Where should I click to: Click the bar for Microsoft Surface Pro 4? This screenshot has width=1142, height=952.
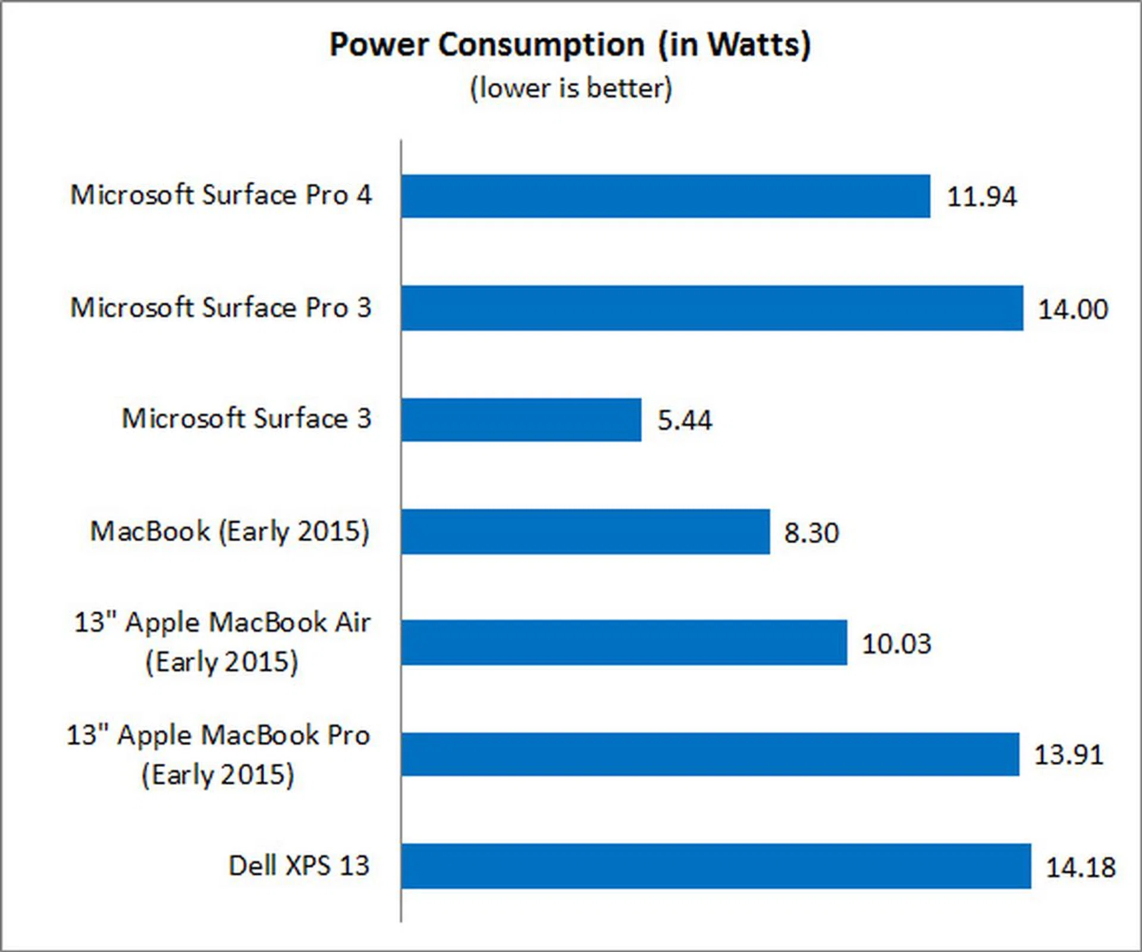click(x=665, y=196)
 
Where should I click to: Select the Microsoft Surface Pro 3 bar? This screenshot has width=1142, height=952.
click(x=712, y=308)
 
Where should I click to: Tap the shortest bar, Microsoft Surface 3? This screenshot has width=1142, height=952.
click(x=521, y=419)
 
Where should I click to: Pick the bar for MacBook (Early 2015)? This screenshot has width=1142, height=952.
click(x=585, y=531)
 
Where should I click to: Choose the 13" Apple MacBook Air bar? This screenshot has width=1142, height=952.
click(x=624, y=643)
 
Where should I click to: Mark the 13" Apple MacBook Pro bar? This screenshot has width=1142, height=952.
click(x=710, y=754)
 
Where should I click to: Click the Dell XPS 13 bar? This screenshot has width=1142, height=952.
click(x=716, y=866)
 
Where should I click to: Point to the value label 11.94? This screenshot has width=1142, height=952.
click(x=981, y=197)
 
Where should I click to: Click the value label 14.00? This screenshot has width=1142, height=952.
click(x=1073, y=309)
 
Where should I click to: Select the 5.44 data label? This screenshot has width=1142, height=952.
click(x=684, y=421)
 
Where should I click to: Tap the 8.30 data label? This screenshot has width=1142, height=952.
click(x=811, y=533)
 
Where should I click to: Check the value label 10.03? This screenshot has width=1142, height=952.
click(x=896, y=644)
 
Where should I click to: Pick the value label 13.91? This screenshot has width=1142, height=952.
click(x=1068, y=755)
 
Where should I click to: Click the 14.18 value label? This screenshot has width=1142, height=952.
click(x=1080, y=868)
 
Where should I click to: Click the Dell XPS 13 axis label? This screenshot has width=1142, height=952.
click(x=299, y=866)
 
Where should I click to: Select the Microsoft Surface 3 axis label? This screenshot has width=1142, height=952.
click(x=247, y=418)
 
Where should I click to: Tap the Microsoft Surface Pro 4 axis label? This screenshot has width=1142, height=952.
click(x=221, y=195)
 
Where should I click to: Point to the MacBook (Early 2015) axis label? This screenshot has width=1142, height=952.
click(x=230, y=531)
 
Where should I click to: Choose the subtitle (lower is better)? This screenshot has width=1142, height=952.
click(x=571, y=89)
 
